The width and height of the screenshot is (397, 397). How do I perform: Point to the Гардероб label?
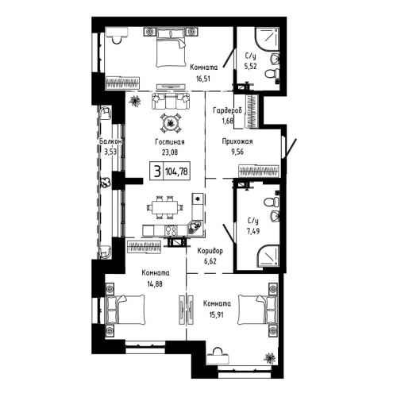[x=228, y=111]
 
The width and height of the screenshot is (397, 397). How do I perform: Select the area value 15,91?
[x=214, y=314]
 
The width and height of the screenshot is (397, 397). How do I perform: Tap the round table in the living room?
[x=171, y=121]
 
